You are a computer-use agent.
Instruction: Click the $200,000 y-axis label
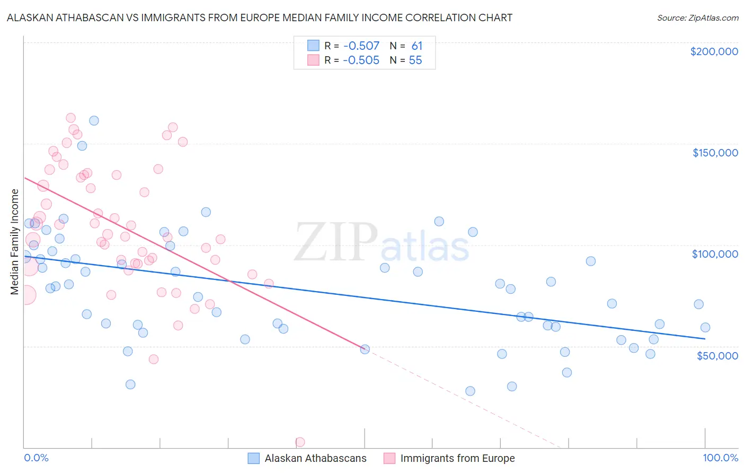(x=714, y=51)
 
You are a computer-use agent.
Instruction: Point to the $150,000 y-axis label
(x=715, y=153)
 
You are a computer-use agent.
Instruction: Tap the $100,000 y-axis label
(x=715, y=254)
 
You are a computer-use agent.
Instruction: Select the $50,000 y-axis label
(x=717, y=355)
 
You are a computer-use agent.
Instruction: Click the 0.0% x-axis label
(x=36, y=458)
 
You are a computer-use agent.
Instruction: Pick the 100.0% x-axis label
(x=720, y=458)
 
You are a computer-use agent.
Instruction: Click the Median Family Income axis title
(x=14, y=242)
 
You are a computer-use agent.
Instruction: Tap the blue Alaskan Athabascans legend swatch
(x=254, y=458)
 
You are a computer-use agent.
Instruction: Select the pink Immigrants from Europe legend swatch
(x=389, y=458)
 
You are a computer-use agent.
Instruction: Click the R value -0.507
(x=361, y=46)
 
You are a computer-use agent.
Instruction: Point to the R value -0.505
(x=361, y=60)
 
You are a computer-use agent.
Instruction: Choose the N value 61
(x=417, y=46)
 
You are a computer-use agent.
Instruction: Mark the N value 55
(x=415, y=60)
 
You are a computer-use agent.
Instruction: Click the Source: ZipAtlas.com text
(x=697, y=18)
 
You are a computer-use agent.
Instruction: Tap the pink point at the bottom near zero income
(x=300, y=442)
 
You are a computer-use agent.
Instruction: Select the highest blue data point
(x=94, y=120)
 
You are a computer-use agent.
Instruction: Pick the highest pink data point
(x=70, y=118)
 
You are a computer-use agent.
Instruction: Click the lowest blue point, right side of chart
(x=470, y=391)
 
